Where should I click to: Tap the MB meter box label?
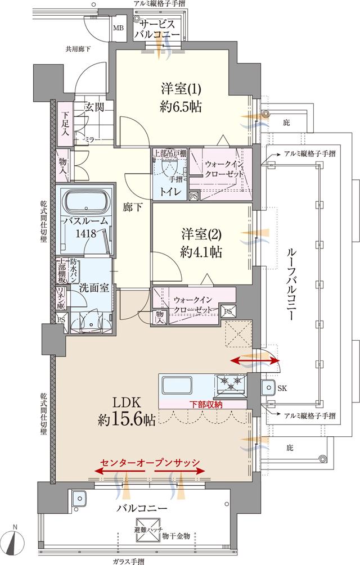click(119, 28)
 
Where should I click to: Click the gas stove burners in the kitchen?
click(231, 385)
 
